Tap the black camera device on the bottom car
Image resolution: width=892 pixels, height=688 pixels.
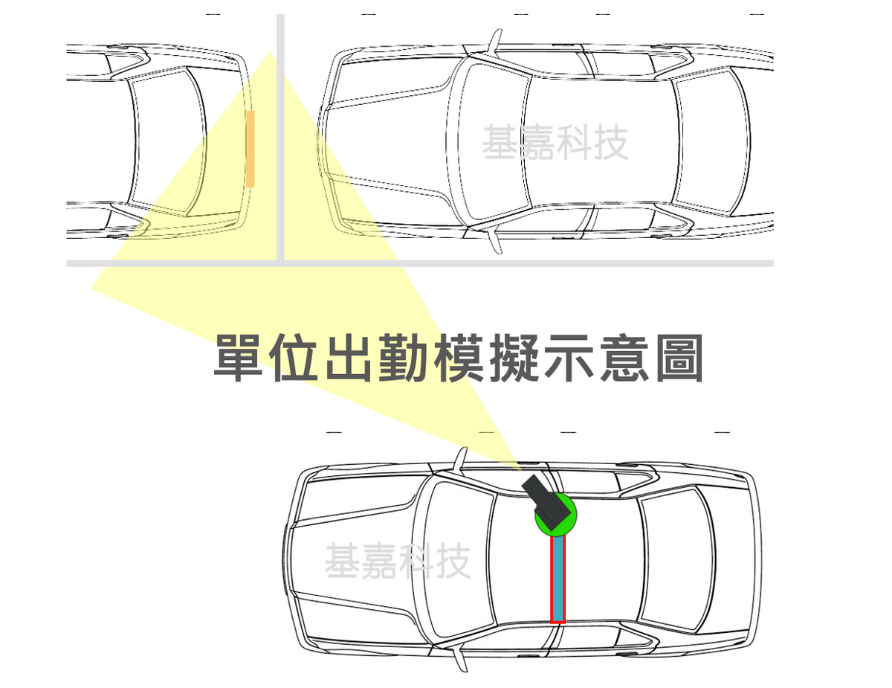tap(546, 502)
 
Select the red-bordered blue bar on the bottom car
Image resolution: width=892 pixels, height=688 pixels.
tap(557, 579)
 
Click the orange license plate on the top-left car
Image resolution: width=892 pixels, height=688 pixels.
tap(251, 149)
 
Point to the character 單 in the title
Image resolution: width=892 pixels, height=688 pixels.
tap(238, 358)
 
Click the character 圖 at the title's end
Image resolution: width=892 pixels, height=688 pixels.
tap(679, 358)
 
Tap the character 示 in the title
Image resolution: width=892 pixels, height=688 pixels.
tap(569, 358)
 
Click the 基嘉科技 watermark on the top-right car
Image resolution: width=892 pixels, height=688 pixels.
tap(555, 143)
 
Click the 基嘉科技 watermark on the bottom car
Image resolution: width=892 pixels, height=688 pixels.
tap(398, 561)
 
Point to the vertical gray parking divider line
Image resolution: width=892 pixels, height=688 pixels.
tap(280, 137)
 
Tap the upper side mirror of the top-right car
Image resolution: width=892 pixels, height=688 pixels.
tap(495, 42)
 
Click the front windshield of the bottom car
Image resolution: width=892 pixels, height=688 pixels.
tap(458, 559)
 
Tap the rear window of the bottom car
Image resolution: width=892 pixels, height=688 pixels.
tap(676, 559)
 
